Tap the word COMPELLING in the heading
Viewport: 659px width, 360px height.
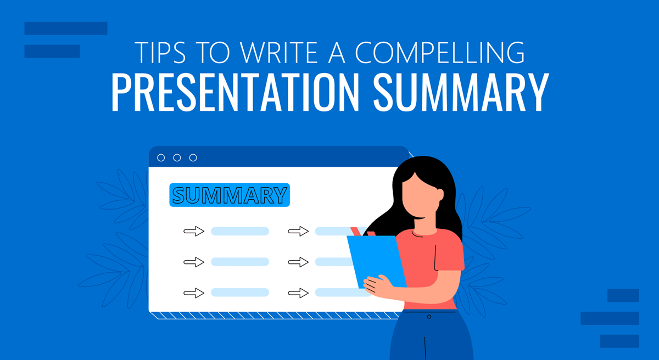click(x=439, y=54)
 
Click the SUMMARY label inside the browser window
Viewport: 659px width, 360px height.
click(x=229, y=195)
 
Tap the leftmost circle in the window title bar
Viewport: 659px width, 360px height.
click(x=161, y=157)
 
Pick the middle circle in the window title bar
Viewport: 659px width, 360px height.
click(x=177, y=157)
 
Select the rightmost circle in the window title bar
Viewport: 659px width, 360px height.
click(x=193, y=157)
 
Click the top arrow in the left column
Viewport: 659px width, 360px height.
click(x=194, y=232)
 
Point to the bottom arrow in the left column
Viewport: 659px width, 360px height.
click(x=194, y=292)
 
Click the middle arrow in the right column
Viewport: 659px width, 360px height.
click(x=298, y=262)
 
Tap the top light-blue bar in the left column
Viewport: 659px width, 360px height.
click(x=240, y=232)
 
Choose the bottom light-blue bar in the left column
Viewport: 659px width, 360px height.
click(x=240, y=292)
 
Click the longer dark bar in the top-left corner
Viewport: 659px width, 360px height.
click(x=66, y=29)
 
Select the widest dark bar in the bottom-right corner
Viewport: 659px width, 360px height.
click(x=610, y=318)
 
